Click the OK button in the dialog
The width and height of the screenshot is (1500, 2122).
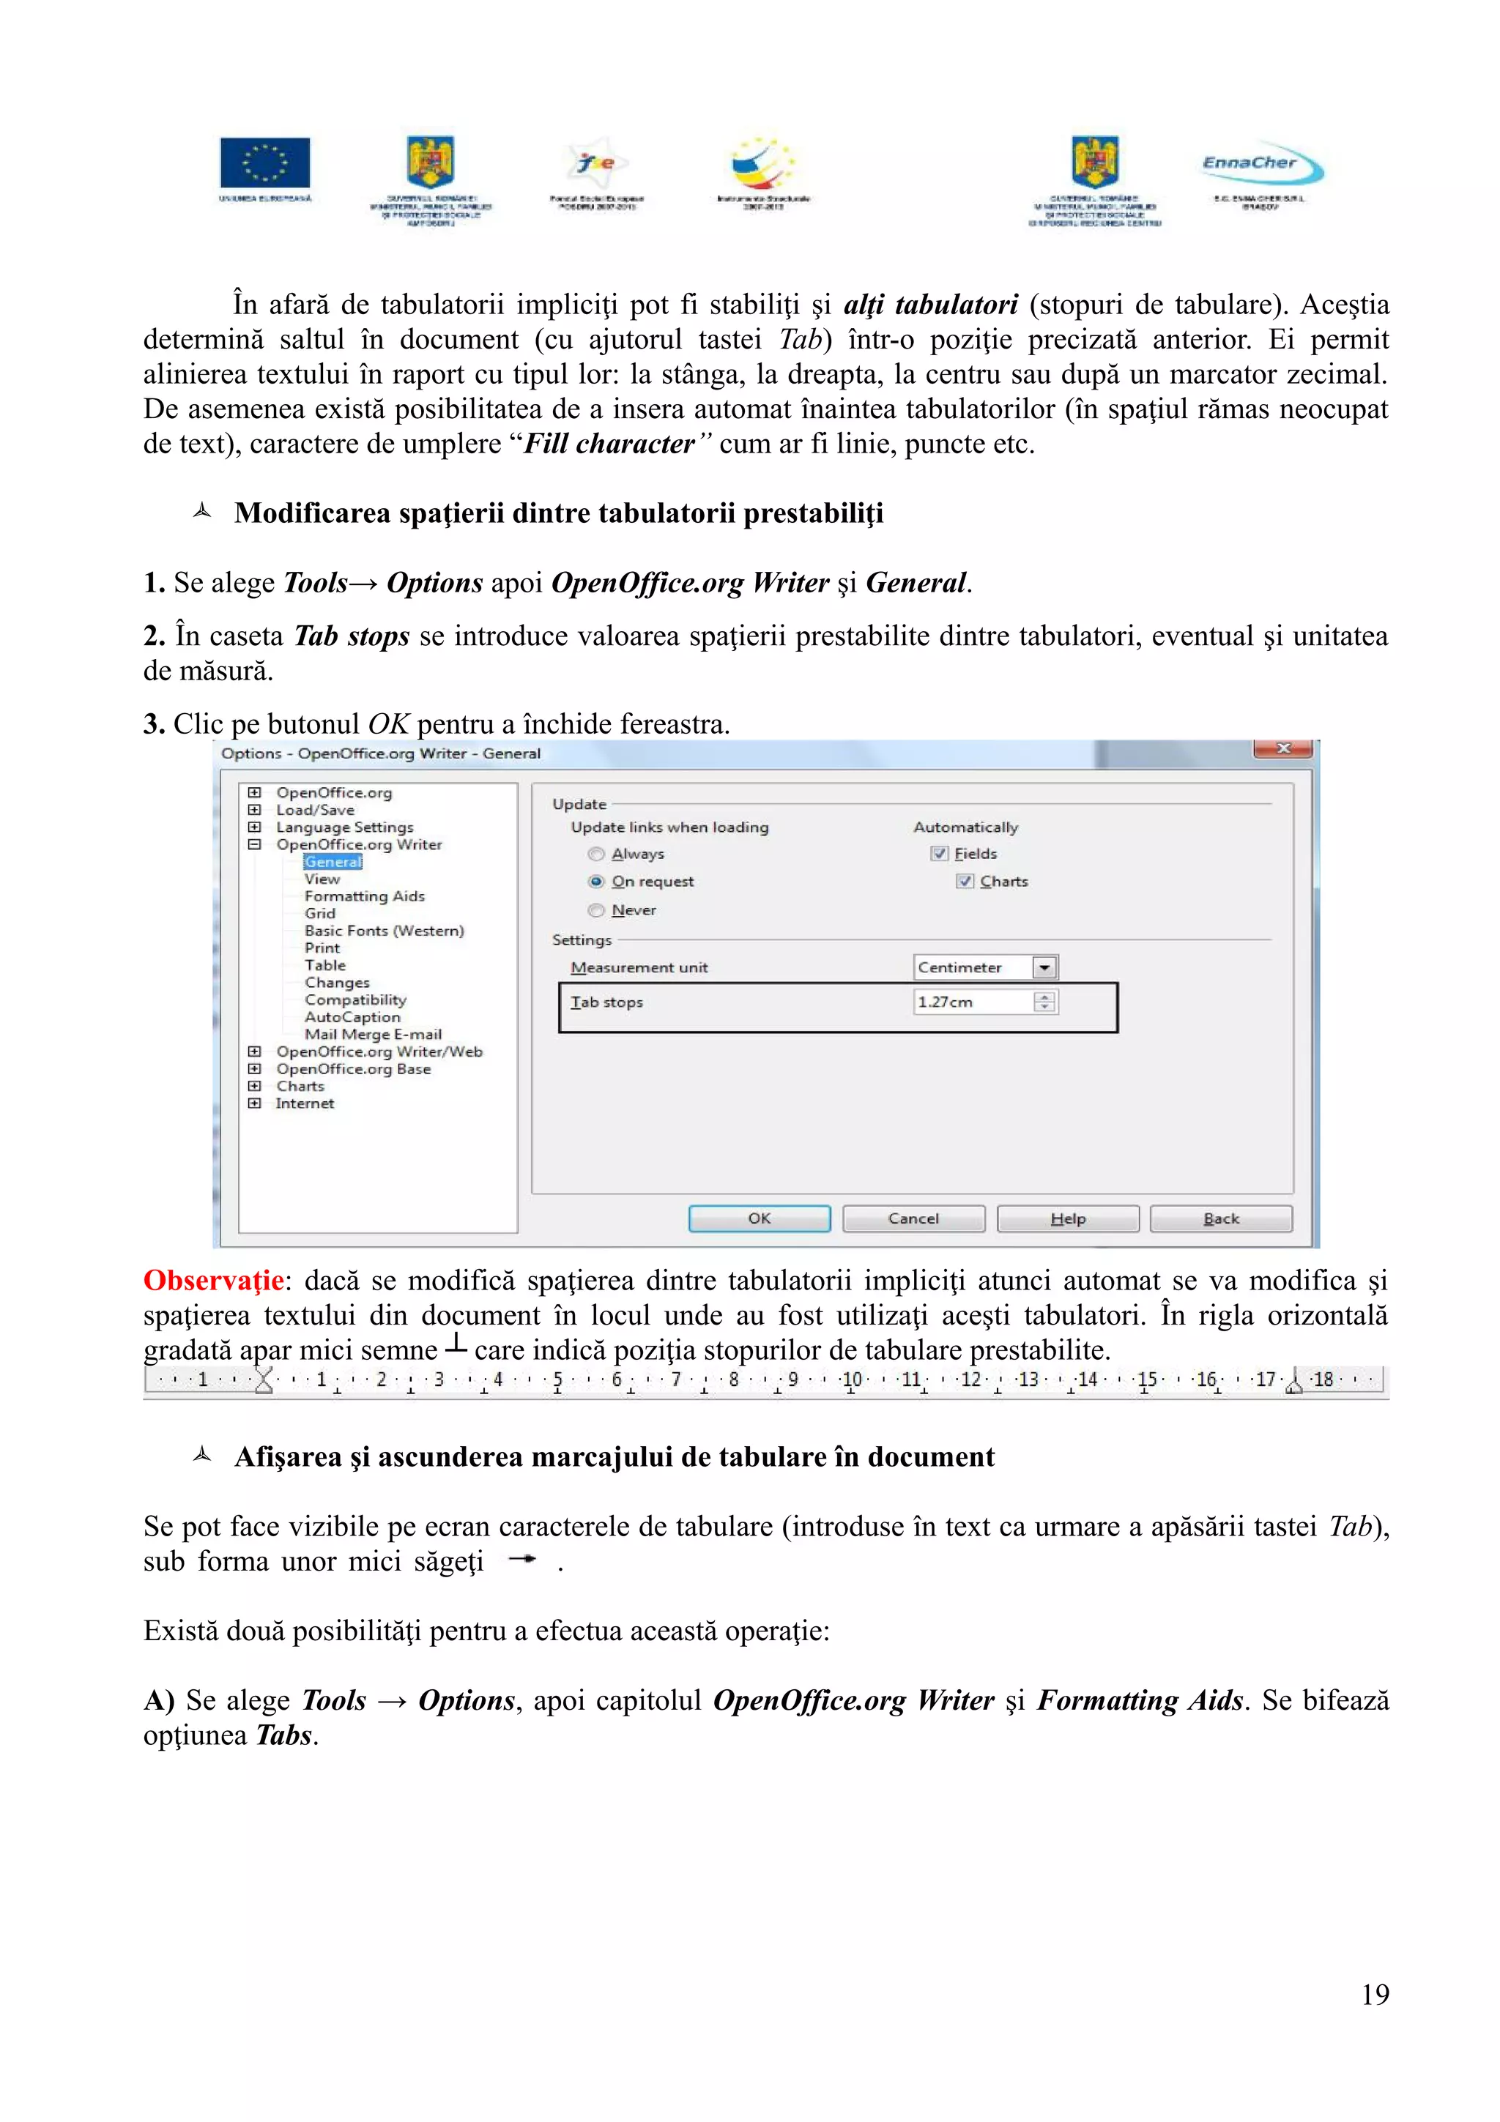[x=759, y=1218]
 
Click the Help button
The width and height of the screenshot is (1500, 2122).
[x=1067, y=1218]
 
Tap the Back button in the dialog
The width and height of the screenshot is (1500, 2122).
[x=1220, y=1218]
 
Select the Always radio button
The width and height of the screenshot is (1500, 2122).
[x=596, y=854]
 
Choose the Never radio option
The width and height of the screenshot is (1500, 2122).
[x=596, y=910]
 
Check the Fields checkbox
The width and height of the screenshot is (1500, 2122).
[x=939, y=854]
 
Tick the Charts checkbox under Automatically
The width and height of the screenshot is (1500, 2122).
[x=965, y=882]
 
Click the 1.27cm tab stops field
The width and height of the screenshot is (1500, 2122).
[x=970, y=1002]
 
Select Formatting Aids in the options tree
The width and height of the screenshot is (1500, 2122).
[x=364, y=896]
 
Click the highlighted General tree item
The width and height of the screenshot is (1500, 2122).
[x=333, y=861]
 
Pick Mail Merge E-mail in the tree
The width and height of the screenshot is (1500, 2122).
[x=373, y=1034]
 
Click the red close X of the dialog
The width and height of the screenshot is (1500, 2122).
[x=1282, y=748]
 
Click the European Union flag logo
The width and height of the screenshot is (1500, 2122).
[x=265, y=163]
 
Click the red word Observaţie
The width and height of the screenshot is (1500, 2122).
[x=213, y=1281]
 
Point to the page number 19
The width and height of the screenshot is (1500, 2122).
[x=1374, y=1995]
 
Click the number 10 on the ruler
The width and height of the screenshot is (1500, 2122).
[x=851, y=1380]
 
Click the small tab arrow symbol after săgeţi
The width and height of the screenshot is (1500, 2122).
[x=522, y=1559]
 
